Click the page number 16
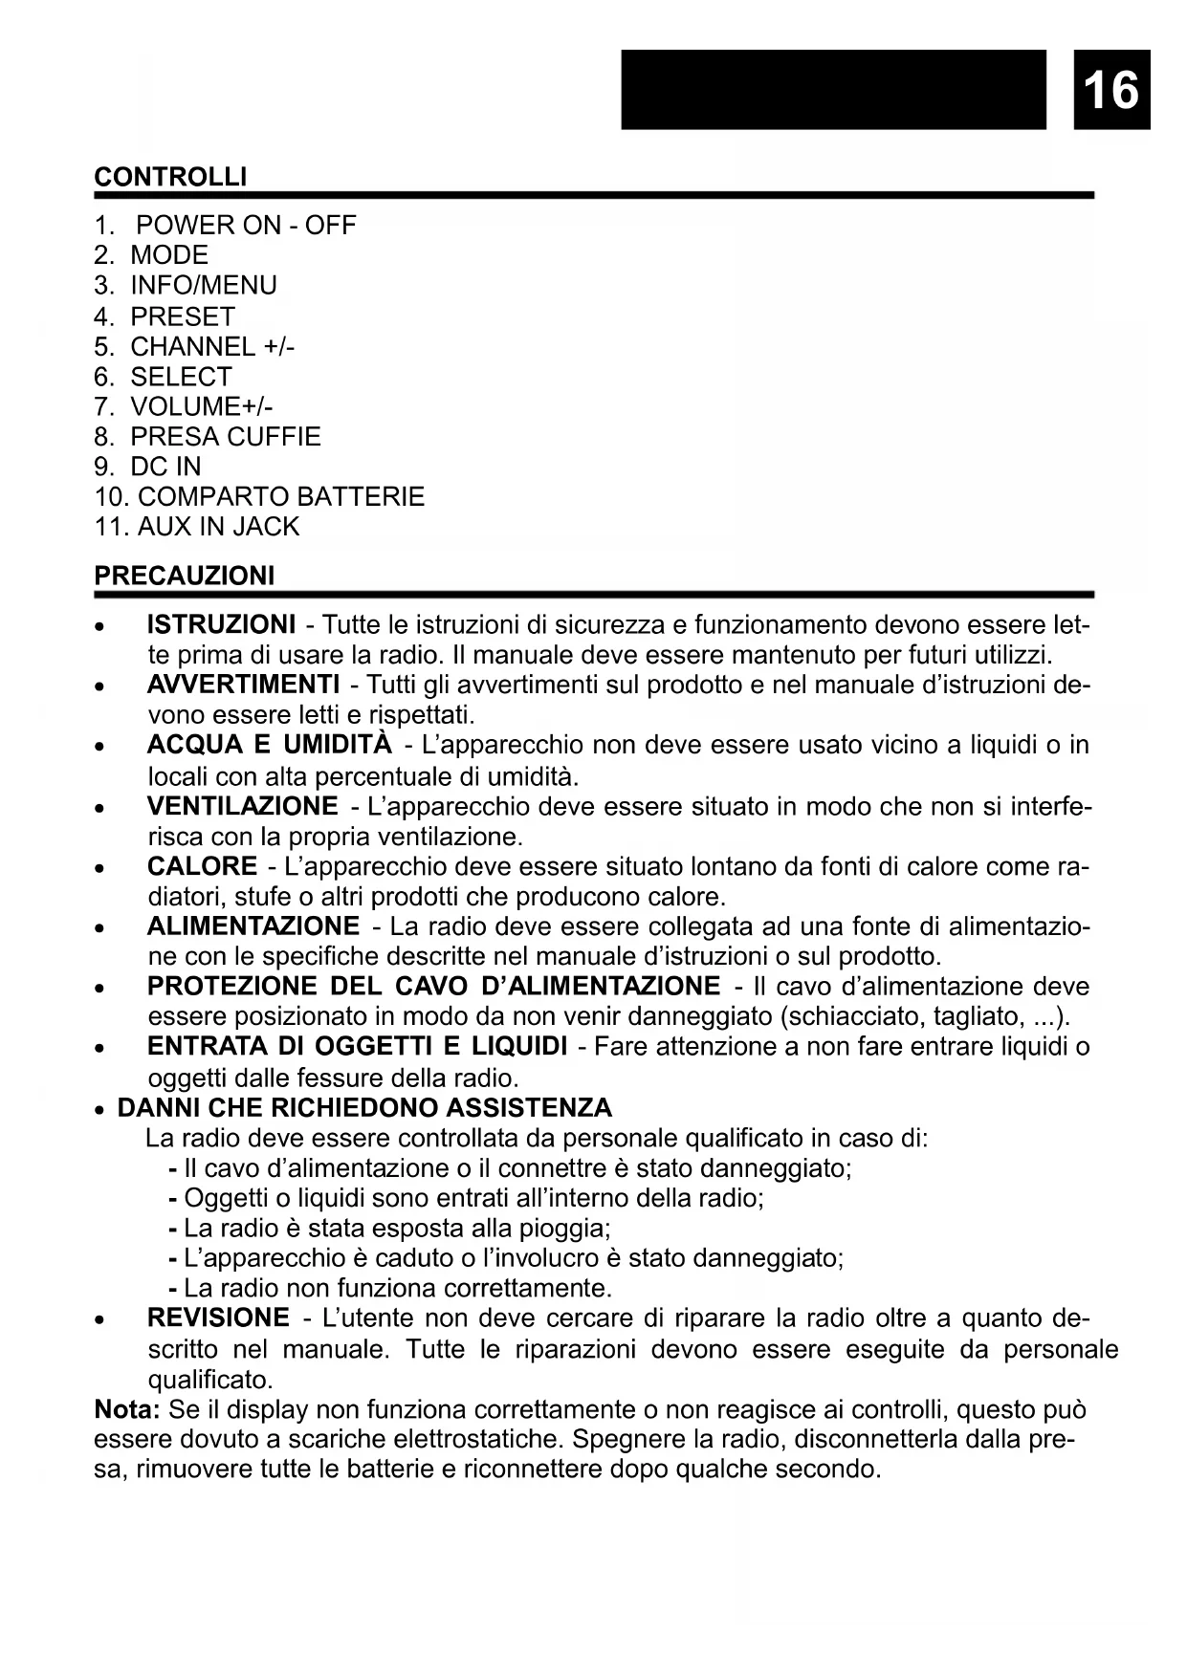[1111, 90]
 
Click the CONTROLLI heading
[170, 177]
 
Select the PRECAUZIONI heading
[184, 576]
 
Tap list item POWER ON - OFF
[246, 226]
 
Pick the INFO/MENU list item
[203, 286]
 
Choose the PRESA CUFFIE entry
[225, 437]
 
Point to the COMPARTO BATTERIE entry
[279, 497]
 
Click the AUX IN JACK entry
[218, 527]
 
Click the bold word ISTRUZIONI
[221, 625]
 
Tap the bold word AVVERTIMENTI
[243, 685]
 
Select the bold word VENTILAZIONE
[242, 806]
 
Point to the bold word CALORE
[202, 866]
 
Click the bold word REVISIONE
[218, 1318]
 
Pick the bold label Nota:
[126, 1409]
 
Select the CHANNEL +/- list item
[212, 346]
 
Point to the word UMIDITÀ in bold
[338, 745]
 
